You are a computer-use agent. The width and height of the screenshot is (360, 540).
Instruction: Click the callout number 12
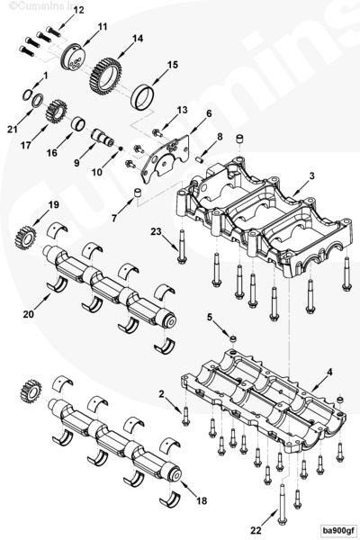click(78, 10)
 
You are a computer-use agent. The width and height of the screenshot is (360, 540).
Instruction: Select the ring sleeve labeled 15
click(143, 96)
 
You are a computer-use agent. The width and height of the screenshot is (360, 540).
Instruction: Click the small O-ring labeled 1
click(28, 95)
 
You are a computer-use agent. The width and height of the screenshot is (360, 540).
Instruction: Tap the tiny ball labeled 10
click(121, 148)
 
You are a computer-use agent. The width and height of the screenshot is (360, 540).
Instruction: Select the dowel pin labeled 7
click(138, 193)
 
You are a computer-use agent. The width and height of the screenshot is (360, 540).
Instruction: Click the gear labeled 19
click(25, 238)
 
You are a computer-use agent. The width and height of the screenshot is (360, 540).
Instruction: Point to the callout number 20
click(29, 314)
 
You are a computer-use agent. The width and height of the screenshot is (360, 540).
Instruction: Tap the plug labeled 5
click(234, 339)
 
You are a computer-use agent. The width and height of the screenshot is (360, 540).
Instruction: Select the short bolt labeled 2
click(185, 417)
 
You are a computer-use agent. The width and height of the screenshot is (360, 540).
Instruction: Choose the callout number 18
click(202, 500)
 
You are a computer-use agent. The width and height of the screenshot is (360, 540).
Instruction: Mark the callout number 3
click(311, 176)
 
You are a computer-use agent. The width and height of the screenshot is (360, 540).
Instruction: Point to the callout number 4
click(329, 373)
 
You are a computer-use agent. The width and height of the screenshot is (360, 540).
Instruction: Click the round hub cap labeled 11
click(73, 58)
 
